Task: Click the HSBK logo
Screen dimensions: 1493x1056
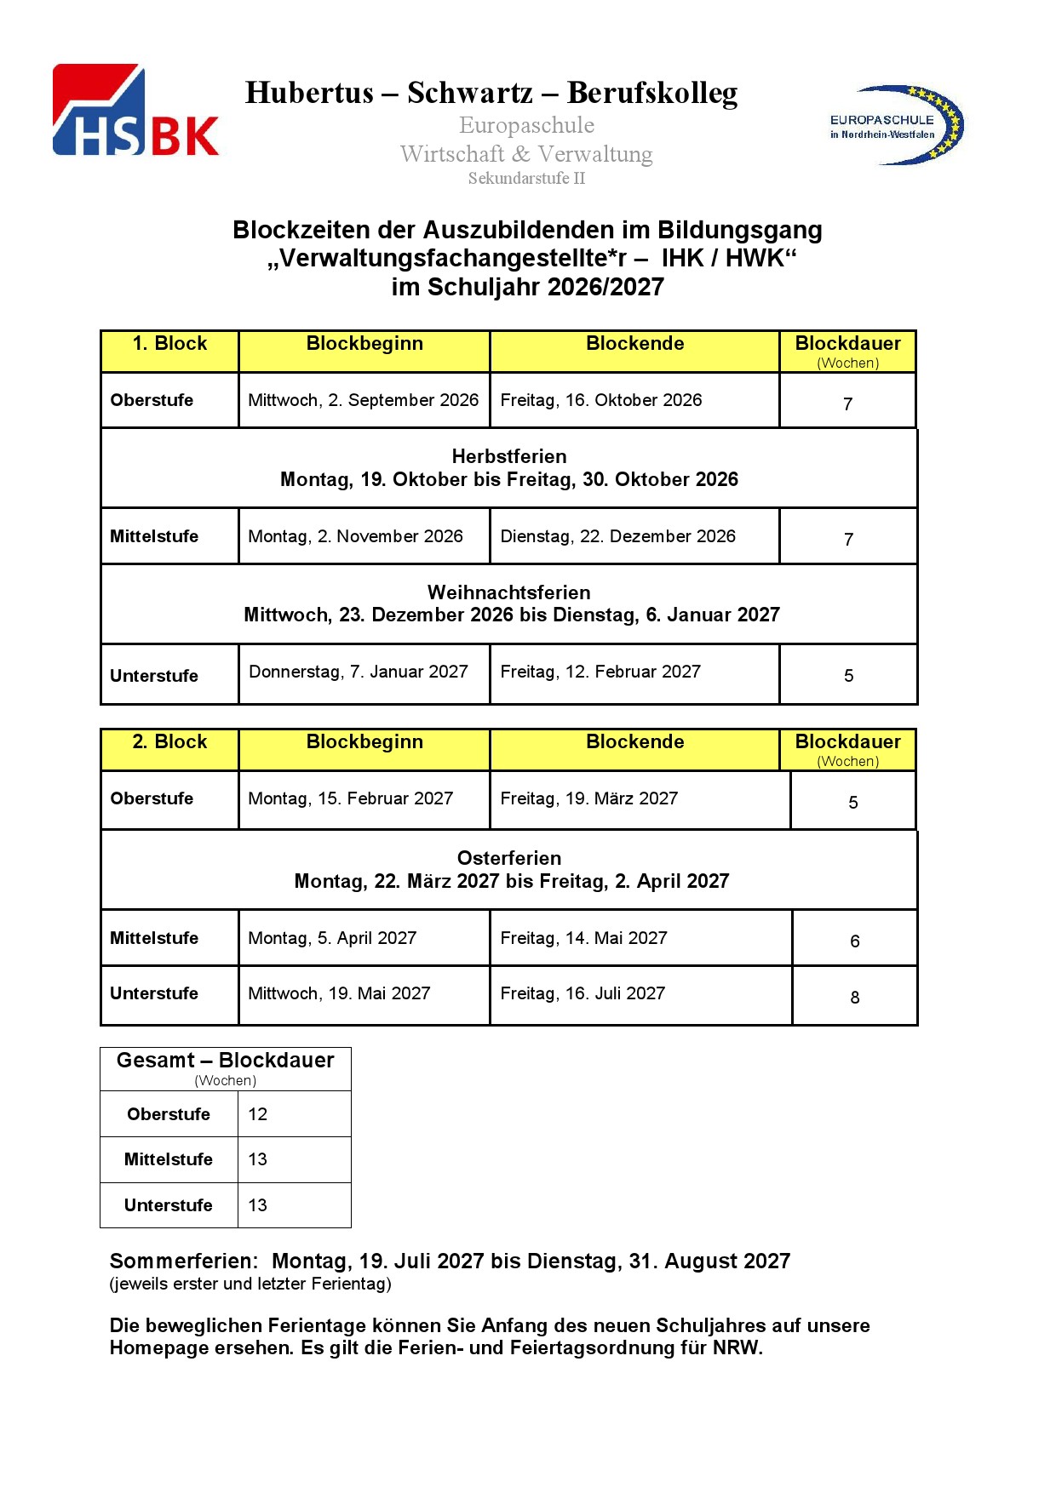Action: (x=135, y=111)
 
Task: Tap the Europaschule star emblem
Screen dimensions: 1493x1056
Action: (x=898, y=125)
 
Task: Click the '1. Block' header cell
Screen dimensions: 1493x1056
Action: (x=169, y=344)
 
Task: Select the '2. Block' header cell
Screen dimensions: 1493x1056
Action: (x=169, y=742)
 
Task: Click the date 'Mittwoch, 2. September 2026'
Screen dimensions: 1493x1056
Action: (x=363, y=400)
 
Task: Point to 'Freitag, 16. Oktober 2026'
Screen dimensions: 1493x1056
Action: (x=600, y=400)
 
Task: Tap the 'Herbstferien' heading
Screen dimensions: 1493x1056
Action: (x=508, y=456)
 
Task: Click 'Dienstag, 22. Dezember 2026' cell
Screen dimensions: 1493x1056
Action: (x=617, y=536)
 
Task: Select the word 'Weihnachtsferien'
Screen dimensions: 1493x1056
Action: (x=508, y=592)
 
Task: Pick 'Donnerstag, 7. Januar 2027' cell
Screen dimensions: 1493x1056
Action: (x=358, y=672)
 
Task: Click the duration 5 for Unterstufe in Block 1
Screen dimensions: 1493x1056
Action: (x=848, y=676)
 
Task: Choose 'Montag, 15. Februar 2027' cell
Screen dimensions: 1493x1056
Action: (x=350, y=798)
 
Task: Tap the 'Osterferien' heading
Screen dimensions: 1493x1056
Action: (x=508, y=858)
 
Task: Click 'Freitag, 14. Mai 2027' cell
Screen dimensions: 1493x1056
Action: (x=583, y=938)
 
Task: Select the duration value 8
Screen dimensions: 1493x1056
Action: (x=855, y=998)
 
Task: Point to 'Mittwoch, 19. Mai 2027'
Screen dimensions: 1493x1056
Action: (x=339, y=993)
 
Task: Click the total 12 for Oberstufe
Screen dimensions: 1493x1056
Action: (x=257, y=1114)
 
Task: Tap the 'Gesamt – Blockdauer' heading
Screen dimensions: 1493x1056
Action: (x=225, y=1061)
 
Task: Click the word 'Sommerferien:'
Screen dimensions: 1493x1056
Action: (x=183, y=1261)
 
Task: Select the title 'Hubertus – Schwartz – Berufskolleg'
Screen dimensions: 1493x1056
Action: (x=491, y=93)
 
